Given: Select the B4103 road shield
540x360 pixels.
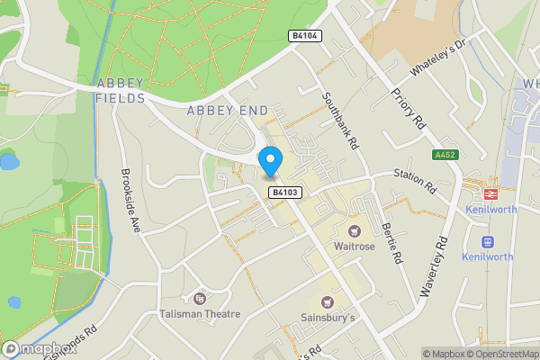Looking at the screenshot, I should pyautogui.click(x=283, y=193).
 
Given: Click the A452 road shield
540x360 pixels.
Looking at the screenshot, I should pyautogui.click(x=445, y=155).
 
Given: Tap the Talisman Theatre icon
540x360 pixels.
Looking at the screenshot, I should pyautogui.click(x=199, y=298).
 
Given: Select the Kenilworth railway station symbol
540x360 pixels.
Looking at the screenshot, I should pyautogui.click(x=492, y=193).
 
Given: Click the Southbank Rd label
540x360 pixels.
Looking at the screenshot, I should pyautogui.click(x=341, y=118).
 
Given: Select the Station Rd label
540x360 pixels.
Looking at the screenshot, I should pyautogui.click(x=415, y=180).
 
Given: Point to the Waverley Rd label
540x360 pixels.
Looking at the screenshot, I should pyautogui.click(x=432, y=267).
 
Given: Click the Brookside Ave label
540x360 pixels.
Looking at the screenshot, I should pyautogui.click(x=131, y=201).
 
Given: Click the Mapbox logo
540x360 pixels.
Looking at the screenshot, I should pyautogui.click(x=38, y=349).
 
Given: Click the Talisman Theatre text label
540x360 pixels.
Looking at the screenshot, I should pyautogui.click(x=202, y=314).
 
